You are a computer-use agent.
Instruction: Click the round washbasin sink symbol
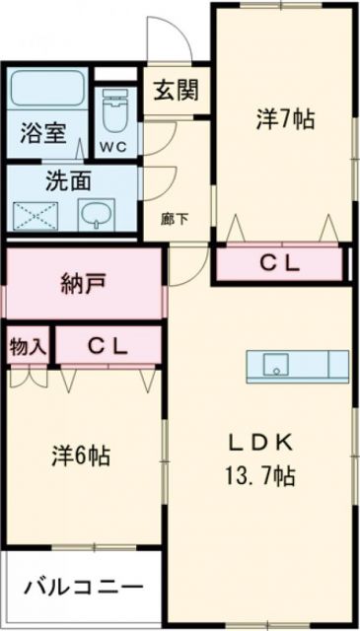(96, 213)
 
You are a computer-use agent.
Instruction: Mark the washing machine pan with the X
(37, 213)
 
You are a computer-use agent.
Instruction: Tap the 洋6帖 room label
(81, 457)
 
